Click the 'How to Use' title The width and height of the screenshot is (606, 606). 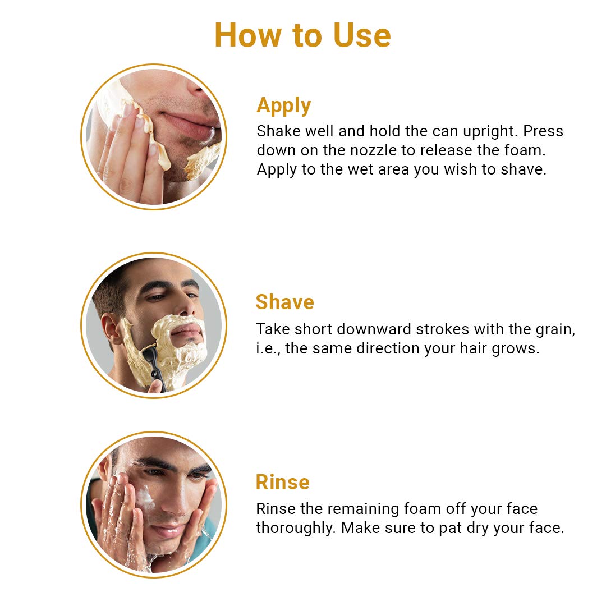[x=302, y=35]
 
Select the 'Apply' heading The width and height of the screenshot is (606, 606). [x=284, y=105]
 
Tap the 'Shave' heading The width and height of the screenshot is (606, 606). [x=285, y=302]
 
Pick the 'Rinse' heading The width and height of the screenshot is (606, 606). [x=283, y=482]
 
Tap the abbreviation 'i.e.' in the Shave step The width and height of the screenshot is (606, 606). [x=268, y=348]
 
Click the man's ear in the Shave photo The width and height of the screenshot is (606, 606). [x=111, y=329]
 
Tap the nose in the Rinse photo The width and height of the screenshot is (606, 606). [x=178, y=499]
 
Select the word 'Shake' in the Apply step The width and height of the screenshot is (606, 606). [x=279, y=131]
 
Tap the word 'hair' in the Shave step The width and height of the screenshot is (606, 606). [x=474, y=348]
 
